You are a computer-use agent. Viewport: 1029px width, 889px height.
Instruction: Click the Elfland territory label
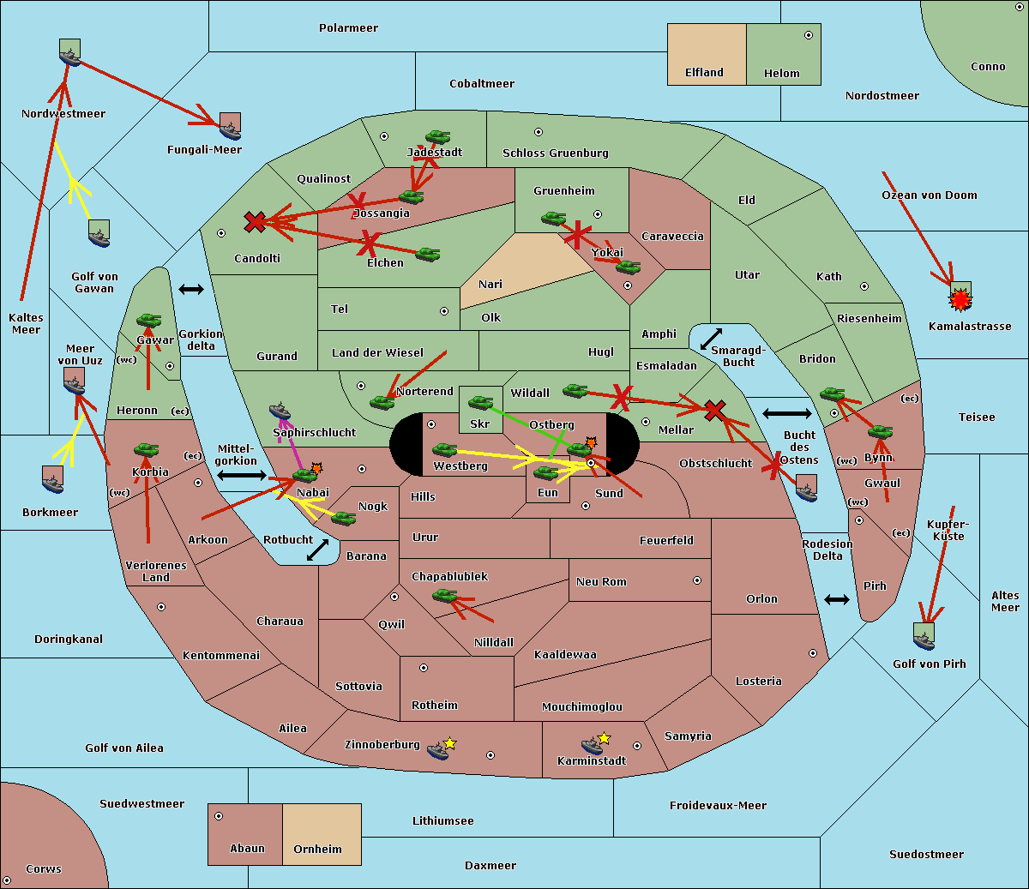(x=704, y=73)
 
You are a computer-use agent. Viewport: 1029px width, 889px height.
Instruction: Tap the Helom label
(x=781, y=74)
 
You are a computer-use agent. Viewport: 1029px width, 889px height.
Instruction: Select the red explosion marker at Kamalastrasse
(x=960, y=298)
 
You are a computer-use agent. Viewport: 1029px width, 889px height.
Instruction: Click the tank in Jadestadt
(x=437, y=137)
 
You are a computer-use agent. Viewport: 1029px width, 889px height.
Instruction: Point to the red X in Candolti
(x=255, y=222)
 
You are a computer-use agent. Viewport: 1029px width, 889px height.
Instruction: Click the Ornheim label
(x=317, y=850)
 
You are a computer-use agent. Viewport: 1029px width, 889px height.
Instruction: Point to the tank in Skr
(x=480, y=401)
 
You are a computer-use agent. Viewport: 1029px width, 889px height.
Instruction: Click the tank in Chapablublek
(x=445, y=595)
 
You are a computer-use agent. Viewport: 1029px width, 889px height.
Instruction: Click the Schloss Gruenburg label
(x=555, y=153)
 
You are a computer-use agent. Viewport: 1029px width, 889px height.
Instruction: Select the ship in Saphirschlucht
(x=280, y=411)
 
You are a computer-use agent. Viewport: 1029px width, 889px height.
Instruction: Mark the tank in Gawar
(x=148, y=321)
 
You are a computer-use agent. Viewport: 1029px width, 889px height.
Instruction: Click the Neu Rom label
(x=601, y=582)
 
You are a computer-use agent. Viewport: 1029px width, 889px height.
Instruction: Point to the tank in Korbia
(x=146, y=449)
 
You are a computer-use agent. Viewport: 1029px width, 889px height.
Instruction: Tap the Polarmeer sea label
(x=348, y=28)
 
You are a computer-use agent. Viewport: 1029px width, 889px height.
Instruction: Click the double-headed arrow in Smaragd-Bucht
(x=712, y=339)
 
